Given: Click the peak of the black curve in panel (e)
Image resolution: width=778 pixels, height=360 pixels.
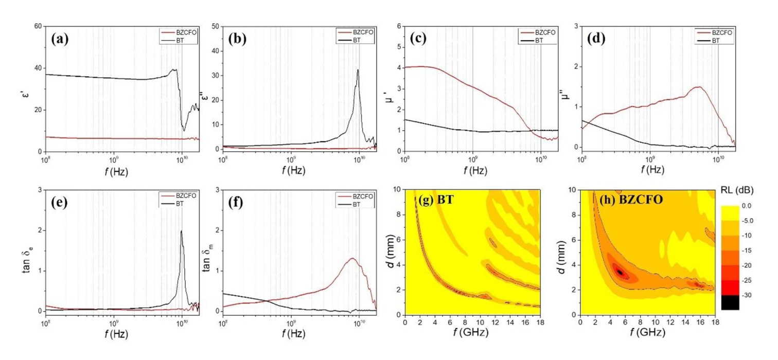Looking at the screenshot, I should click(181, 231).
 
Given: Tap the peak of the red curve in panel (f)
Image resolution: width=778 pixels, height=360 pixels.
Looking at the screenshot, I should click(352, 258).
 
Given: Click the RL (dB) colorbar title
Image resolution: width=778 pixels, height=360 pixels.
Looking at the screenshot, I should click(738, 190).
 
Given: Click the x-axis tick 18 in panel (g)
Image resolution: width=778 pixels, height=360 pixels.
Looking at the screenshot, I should click(538, 322).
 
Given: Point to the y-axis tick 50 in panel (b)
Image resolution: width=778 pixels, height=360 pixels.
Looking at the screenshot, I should click(215, 26).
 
